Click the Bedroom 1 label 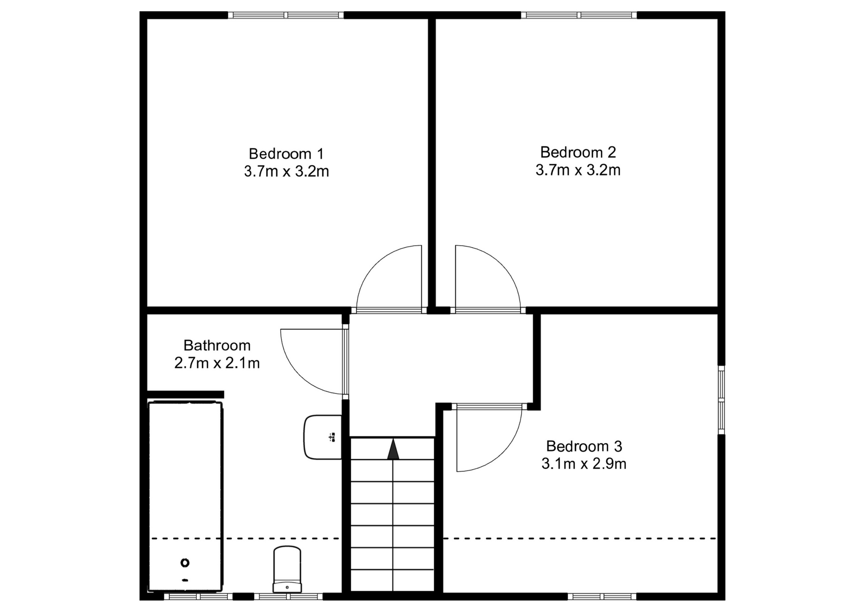click(286, 154)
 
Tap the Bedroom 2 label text click(578, 152)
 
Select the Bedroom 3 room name click(584, 446)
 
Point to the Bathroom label click(217, 345)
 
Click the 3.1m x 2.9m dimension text click(584, 464)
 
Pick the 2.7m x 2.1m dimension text click(217, 363)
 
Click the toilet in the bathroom click(287, 569)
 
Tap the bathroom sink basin click(323, 437)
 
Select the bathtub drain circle click(185, 562)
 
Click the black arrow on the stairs click(393, 449)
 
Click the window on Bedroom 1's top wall click(286, 15)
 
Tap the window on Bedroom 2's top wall click(579, 15)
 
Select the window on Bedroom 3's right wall click(721, 400)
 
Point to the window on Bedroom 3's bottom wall click(602, 597)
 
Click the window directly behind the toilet click(288, 597)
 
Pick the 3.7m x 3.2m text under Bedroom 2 click(578, 170)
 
